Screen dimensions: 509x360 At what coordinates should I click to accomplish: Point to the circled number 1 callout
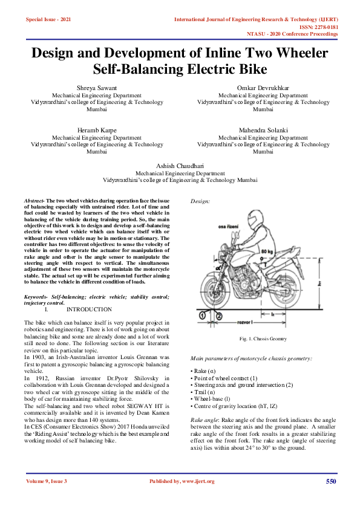point(203,315)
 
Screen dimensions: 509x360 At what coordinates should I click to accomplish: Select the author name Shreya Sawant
point(90,88)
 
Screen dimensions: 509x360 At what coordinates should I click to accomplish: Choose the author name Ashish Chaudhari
point(180,165)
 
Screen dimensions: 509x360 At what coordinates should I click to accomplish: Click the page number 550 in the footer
point(330,481)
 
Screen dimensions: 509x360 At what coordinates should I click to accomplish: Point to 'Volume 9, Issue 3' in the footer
point(47,481)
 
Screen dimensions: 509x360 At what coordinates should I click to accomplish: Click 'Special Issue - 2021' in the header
point(48,20)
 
